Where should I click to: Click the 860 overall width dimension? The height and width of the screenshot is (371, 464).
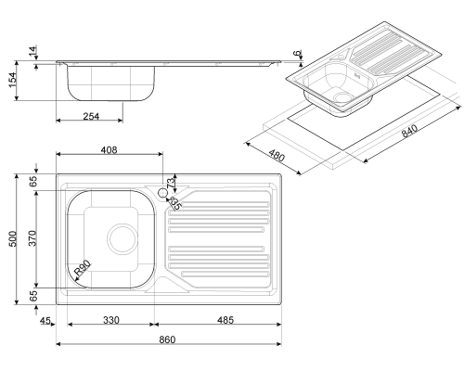[167, 339]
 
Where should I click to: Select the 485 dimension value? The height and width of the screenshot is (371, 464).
[226, 320]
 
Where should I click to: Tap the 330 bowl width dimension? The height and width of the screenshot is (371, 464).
[110, 320]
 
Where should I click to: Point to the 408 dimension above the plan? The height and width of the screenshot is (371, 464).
[110, 150]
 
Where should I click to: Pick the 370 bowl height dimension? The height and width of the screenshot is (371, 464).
[32, 238]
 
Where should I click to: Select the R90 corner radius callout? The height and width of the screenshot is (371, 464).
[83, 268]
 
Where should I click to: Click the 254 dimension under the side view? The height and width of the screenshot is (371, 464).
[91, 117]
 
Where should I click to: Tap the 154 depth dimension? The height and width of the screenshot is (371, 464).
[13, 80]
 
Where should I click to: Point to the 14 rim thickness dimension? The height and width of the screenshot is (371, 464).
[32, 50]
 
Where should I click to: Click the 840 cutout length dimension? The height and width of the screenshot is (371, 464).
[409, 131]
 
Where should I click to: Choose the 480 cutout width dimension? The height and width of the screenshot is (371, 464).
[277, 156]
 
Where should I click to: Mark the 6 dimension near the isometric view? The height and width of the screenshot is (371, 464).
[298, 53]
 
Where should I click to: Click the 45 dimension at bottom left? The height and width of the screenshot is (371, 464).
[45, 321]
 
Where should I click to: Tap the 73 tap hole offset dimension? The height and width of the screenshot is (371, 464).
[171, 183]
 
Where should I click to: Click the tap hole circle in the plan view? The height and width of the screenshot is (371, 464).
[162, 193]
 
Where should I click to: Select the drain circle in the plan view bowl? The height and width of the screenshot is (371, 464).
[122, 239]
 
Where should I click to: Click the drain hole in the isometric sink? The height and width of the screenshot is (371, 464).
[343, 97]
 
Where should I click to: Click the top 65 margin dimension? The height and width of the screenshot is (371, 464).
[33, 181]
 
